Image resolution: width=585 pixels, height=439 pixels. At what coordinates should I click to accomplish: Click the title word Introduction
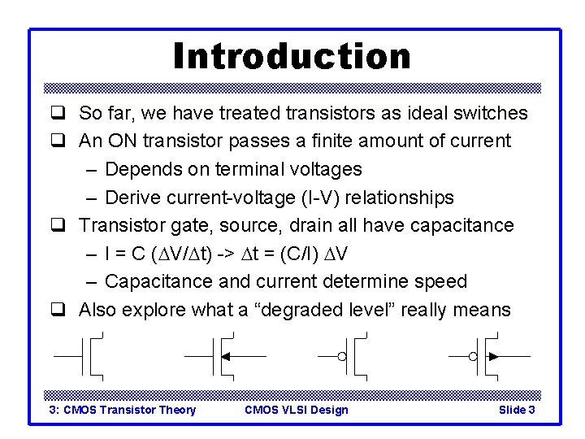[x=292, y=56]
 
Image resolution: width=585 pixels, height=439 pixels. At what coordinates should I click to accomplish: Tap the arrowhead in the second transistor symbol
[x=226, y=356]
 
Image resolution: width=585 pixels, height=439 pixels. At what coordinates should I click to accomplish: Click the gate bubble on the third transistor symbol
[x=342, y=356]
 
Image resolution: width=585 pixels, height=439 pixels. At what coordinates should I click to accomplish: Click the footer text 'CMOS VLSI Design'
[x=296, y=410]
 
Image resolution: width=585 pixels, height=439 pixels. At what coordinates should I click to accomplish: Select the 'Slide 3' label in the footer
[x=516, y=410]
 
